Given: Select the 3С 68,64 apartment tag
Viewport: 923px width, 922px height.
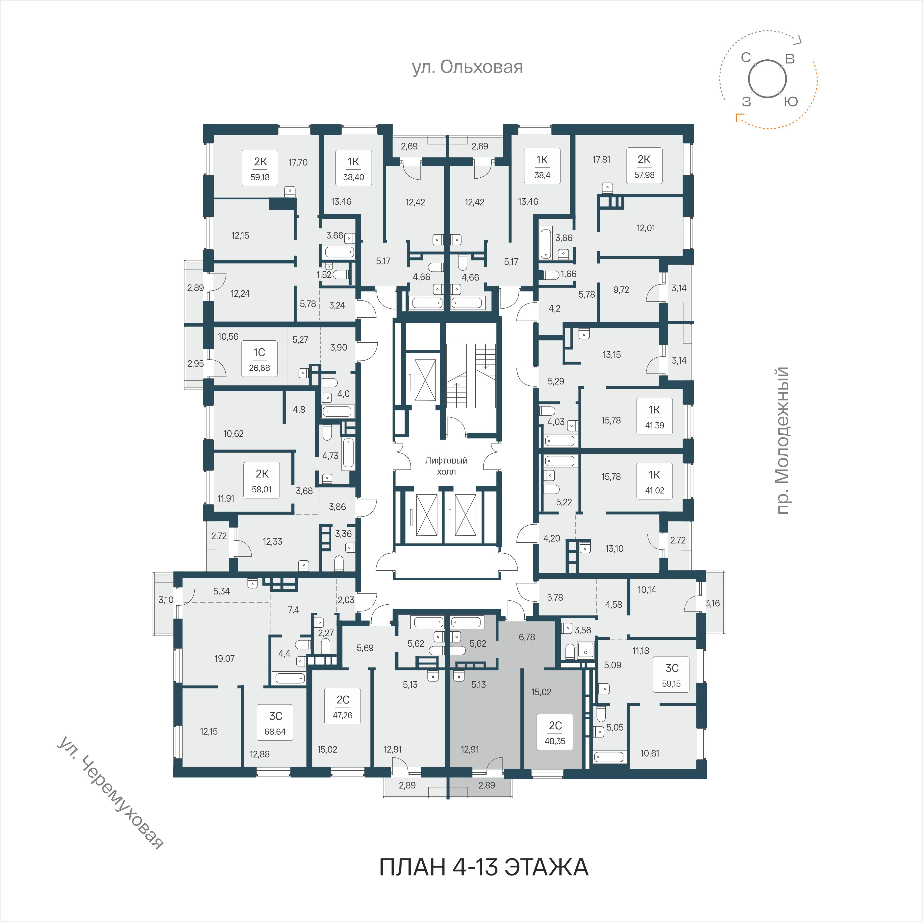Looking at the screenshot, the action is (x=275, y=723).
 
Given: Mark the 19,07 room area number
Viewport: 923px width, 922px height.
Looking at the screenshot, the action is (x=225, y=659).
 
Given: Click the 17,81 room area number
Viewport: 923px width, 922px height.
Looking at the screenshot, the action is (x=601, y=160).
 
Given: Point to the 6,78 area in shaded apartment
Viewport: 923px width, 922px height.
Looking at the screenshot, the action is (x=527, y=637).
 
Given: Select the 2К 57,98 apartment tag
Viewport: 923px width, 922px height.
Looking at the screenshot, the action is (x=644, y=167).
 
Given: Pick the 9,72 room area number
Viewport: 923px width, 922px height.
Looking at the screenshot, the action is (x=621, y=290).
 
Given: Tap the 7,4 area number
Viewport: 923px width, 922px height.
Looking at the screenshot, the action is (x=293, y=610).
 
